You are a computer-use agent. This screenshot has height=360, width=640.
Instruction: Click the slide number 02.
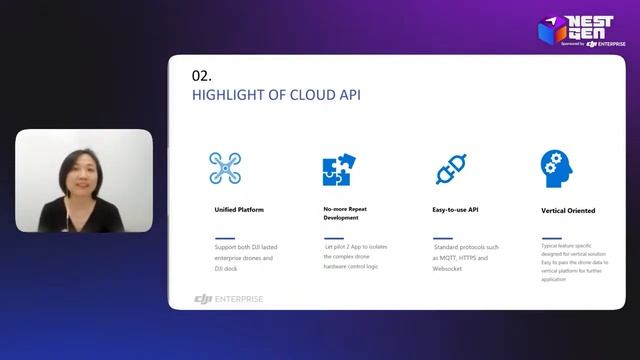pos(201,75)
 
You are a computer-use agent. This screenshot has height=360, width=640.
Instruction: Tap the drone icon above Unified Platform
pos(227,167)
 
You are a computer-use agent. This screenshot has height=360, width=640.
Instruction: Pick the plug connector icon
pos(450,168)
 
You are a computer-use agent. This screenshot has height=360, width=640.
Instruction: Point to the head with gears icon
pos(556,167)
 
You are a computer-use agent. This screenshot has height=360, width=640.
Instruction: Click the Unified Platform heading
pos(239,211)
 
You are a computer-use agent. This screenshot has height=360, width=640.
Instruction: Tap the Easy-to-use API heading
pos(456,211)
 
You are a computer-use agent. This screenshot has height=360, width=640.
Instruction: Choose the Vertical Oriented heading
pos(568,211)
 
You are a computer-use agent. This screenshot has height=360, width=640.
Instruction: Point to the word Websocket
pos(450,269)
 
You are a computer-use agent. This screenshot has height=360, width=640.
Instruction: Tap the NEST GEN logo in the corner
pos(584,30)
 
